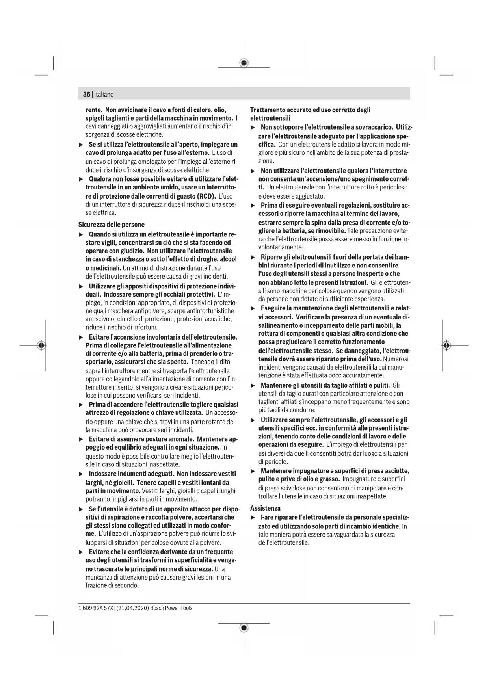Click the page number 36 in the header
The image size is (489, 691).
point(86,95)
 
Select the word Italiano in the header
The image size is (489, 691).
point(104,95)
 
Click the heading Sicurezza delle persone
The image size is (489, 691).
point(111,225)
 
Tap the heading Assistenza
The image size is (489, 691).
point(265,508)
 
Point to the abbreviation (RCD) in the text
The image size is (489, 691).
point(205,196)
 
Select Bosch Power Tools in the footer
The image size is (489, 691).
point(171,608)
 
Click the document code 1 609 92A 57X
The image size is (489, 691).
point(95,608)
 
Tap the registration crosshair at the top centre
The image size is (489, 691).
point(244,63)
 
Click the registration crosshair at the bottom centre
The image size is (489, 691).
point(244,628)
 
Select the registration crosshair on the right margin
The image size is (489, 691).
point(446,345)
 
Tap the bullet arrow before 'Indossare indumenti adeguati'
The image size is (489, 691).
point(81,474)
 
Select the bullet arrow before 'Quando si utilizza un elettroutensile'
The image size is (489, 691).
point(81,235)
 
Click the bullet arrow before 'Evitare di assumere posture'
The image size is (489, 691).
point(81,439)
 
